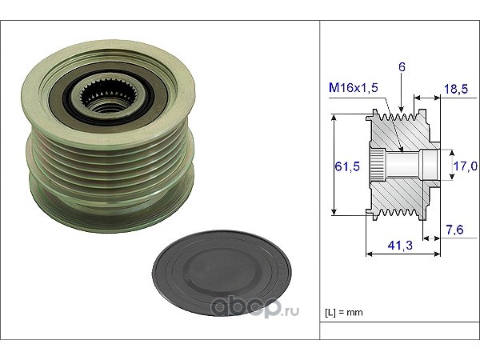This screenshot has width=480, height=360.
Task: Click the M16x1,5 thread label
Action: click(354, 88)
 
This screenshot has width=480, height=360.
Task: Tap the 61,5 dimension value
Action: click(347, 166)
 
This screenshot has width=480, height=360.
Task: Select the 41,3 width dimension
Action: click(400, 246)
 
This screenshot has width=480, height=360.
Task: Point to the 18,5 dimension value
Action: click(456, 89)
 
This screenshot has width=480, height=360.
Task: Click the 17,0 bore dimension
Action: click(466, 166)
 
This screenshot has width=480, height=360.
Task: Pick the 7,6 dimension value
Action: click(454, 230)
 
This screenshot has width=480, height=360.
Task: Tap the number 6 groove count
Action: click(402, 67)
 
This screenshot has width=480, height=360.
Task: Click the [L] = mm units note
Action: click(344, 313)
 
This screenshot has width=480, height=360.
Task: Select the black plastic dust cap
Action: click(222, 273)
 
